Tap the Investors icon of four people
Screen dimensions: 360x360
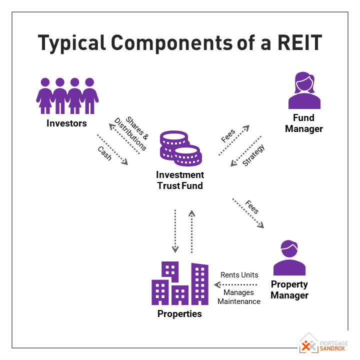point(67,95)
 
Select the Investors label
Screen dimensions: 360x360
point(66,123)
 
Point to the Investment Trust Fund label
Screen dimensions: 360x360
point(180,180)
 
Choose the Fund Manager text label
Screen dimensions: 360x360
point(304,123)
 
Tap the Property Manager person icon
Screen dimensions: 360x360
point(289,257)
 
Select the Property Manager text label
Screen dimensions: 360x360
point(289,290)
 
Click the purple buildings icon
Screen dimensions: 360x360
point(180,283)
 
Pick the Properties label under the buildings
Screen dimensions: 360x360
point(179,314)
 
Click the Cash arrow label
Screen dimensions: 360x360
point(105,153)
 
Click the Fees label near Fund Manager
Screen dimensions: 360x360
point(228,135)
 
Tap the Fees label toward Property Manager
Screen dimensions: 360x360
point(252,207)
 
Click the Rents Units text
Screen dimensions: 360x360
point(239,275)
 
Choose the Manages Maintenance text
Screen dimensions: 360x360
point(239,297)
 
